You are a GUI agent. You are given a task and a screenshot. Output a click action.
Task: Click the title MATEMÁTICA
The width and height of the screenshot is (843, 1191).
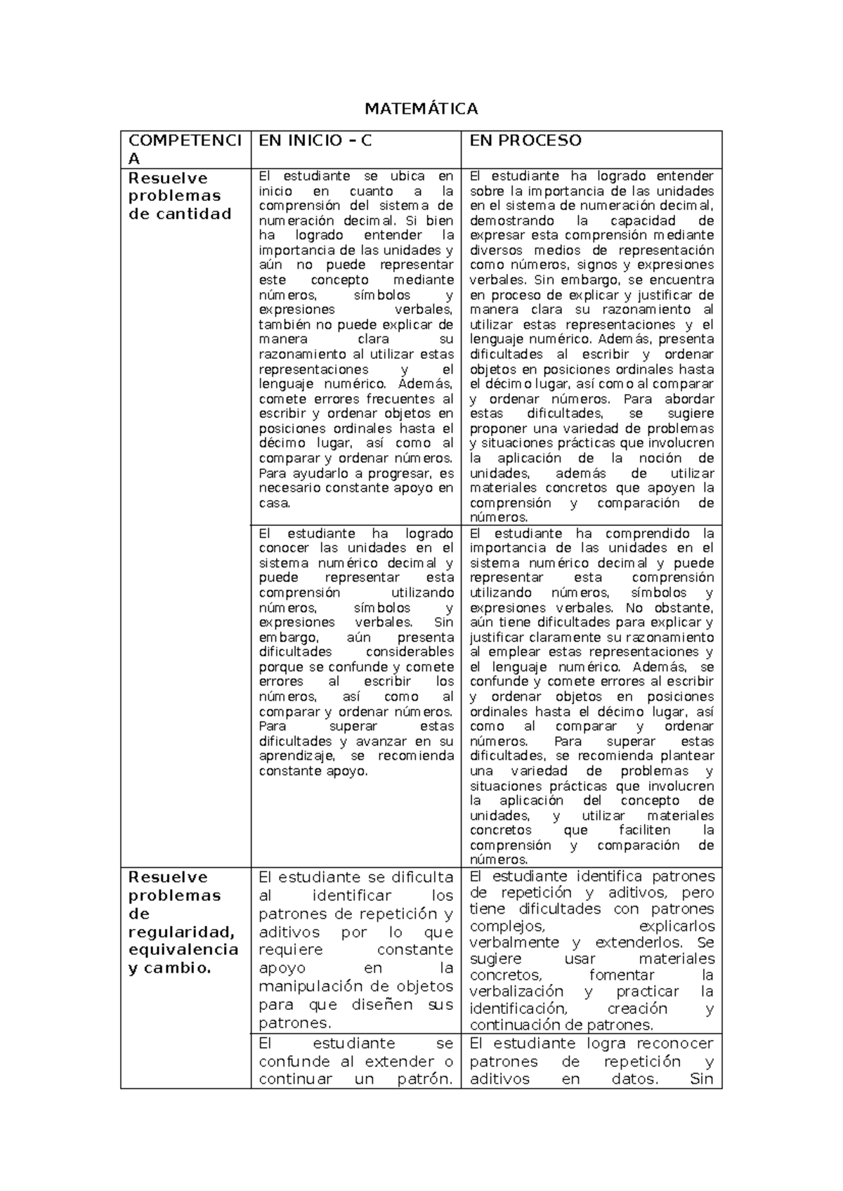[421, 109]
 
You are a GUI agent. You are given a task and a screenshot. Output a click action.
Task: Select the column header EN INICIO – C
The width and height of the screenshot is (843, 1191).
[315, 140]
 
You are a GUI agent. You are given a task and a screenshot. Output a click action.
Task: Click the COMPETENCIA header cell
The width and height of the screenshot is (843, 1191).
[184, 149]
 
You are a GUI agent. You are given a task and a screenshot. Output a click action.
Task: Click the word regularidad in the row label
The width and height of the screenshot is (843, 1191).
[181, 932]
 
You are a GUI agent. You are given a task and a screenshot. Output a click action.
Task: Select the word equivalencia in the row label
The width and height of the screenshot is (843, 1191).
[183, 949]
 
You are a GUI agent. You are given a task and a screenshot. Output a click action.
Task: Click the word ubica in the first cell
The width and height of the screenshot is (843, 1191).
[407, 176]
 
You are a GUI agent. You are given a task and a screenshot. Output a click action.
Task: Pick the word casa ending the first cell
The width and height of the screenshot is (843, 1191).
[273, 503]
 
